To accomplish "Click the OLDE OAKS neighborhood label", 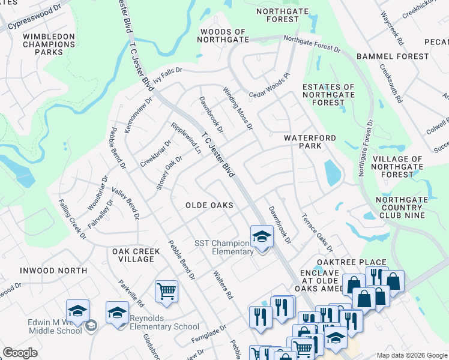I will (x=209, y=205).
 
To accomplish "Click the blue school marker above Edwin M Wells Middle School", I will (x=77, y=311).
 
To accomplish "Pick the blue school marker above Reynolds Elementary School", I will (x=117, y=313).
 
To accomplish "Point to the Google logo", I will (x=20, y=353).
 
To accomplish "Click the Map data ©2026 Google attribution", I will (x=411, y=355).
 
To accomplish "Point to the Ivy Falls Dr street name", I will (x=175, y=72).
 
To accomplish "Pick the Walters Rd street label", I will (x=223, y=285).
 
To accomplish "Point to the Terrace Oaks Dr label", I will (x=317, y=233).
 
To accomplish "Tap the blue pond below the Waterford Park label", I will (x=332, y=173).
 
